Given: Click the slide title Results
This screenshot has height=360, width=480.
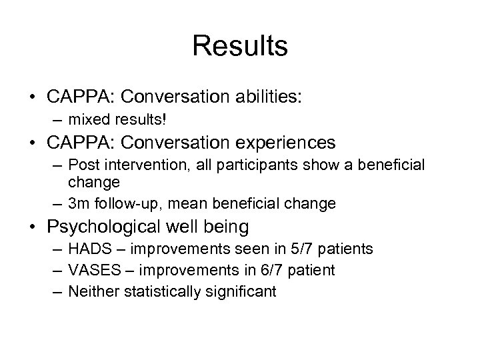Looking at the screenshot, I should click(240, 47).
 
